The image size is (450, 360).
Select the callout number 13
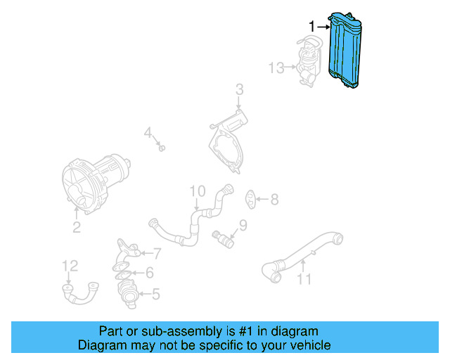click(276, 68)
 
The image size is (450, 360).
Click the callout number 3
click(239, 89)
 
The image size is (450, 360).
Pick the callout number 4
click(148, 132)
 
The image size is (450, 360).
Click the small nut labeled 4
click(162, 148)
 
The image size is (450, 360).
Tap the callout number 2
click(76, 227)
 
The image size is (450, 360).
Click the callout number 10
click(197, 191)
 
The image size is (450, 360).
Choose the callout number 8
click(274, 200)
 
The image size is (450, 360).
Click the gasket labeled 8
click(250, 199)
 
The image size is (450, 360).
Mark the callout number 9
click(243, 225)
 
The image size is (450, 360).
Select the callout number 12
click(70, 265)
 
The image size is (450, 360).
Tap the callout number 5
click(155, 295)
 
